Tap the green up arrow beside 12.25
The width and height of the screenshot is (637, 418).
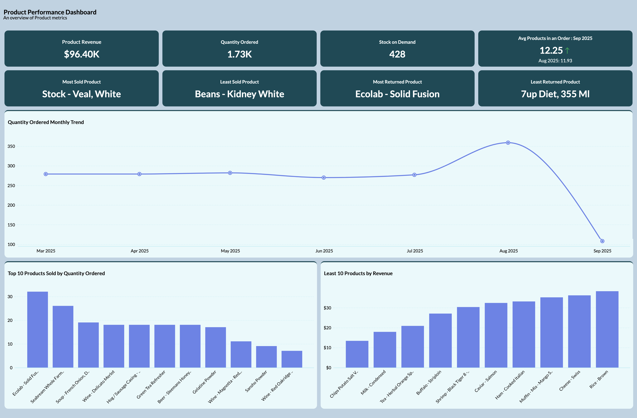click(567, 50)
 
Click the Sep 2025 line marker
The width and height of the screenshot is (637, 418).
click(602, 241)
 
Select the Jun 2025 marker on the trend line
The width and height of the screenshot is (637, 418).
click(324, 178)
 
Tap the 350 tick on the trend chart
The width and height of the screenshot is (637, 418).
click(11, 146)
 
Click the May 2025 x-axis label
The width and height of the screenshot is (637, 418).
click(230, 251)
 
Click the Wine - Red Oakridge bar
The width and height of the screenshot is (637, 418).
click(292, 359)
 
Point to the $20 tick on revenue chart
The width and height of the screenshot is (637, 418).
click(327, 328)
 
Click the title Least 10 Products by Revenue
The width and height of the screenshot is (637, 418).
click(358, 273)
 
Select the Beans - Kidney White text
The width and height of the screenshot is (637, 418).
click(239, 94)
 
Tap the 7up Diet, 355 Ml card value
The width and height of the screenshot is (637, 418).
click(555, 94)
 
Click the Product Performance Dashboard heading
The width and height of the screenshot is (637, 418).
click(50, 12)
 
